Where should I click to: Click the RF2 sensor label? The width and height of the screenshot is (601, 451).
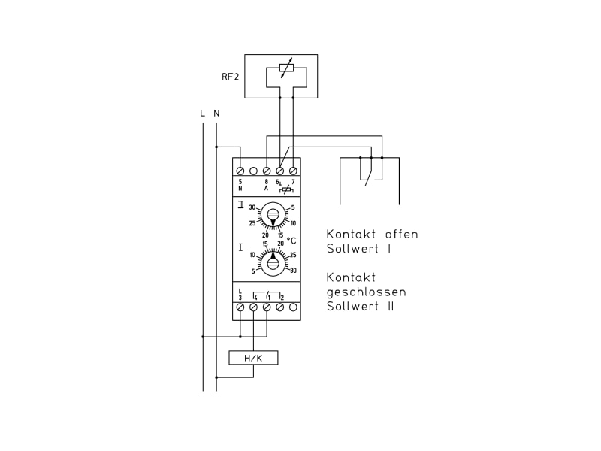pos(230,77)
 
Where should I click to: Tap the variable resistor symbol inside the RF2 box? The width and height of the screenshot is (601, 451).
pos(286,68)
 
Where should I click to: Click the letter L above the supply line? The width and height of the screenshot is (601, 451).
pos(202,114)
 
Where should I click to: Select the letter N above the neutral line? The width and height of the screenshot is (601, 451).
pos(216,114)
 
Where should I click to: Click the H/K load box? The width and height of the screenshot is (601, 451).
pos(253,358)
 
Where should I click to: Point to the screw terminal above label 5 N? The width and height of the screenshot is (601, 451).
pos(240,171)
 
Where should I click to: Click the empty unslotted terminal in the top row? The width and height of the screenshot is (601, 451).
pos(253,171)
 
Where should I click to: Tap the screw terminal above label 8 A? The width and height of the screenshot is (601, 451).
pos(267,171)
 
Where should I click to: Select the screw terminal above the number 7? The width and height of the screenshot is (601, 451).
pos(293,171)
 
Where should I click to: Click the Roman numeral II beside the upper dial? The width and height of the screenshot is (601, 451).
pos(240,205)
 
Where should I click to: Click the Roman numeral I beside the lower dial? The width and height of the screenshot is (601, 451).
pos(240,247)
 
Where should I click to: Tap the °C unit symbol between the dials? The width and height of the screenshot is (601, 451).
pos(291,241)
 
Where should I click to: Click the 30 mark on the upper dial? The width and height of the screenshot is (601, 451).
pos(252,207)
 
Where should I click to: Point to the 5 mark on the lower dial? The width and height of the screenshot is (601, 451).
pos(253,271)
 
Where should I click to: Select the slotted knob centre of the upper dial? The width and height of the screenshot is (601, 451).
pos(273,214)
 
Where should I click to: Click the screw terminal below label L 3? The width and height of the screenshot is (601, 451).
pos(240,307)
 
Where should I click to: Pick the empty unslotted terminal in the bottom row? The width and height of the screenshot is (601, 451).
pos(293,307)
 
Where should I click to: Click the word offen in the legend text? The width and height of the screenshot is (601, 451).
pos(401,235)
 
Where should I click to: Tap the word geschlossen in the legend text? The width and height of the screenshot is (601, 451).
pos(366,292)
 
